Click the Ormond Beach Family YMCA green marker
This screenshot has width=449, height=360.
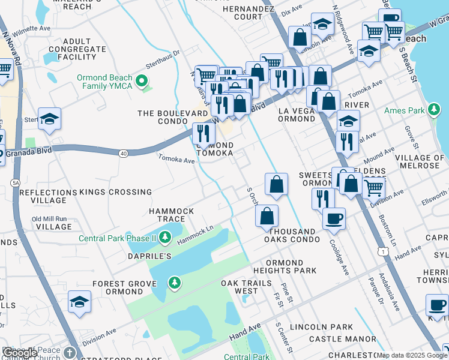click(143, 81)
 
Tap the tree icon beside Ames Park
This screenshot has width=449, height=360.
click(434, 110)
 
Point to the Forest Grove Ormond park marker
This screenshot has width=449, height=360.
click(175, 282)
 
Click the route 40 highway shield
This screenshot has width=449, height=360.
click(123, 154)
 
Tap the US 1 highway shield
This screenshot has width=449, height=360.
click(382, 253)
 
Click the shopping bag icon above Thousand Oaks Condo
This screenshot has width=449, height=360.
click(267, 216)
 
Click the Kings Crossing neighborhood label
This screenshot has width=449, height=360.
click(115, 192)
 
